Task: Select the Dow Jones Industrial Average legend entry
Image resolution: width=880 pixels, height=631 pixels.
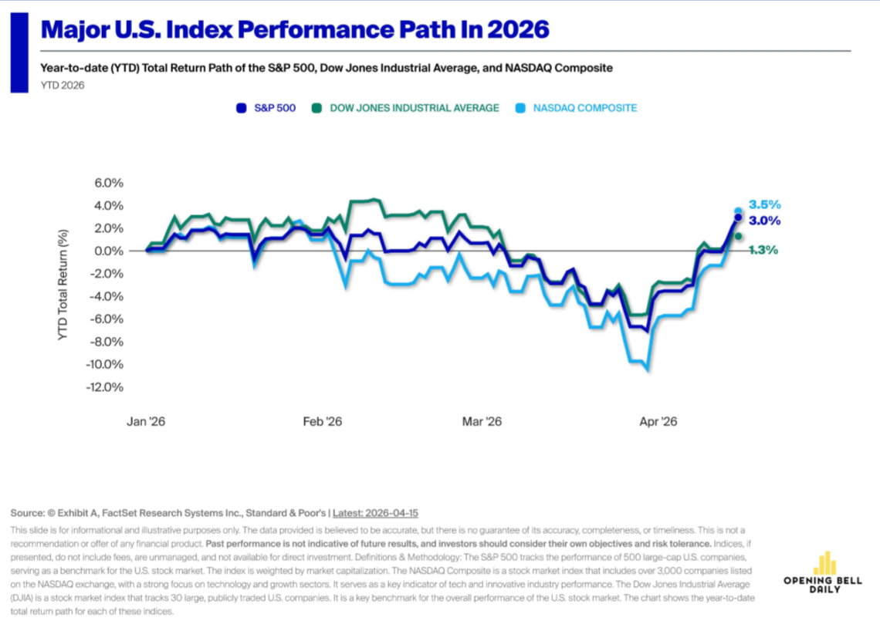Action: point(406,108)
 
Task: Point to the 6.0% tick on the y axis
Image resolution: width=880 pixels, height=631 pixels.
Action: point(109,183)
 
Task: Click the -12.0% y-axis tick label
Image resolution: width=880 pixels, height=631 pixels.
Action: point(105,387)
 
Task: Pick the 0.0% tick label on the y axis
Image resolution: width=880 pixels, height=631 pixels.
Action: point(109,251)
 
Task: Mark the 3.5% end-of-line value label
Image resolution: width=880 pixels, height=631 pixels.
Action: point(765,205)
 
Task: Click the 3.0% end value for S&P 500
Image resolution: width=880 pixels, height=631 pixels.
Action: point(765,221)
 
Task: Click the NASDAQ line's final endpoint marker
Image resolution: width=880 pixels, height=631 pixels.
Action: point(738,211)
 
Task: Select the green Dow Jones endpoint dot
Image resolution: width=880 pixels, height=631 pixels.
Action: point(738,237)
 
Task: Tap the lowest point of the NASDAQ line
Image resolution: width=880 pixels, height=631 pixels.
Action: point(647,369)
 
